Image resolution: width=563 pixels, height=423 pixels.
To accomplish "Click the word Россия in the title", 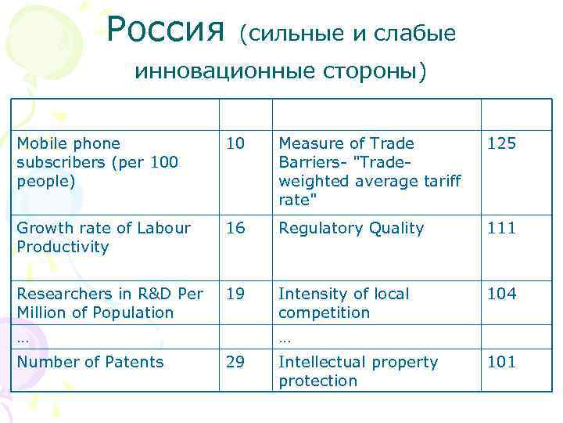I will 166,31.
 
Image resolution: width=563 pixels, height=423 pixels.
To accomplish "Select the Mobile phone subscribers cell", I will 97,162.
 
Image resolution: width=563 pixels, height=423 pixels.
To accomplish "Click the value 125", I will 502,143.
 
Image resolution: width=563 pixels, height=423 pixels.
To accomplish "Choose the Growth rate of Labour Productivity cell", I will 103,237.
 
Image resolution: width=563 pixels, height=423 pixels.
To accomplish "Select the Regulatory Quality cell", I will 351,228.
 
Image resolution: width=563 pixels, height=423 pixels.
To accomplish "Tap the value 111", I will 502,228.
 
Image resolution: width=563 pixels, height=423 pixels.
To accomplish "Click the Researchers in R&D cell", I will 109,303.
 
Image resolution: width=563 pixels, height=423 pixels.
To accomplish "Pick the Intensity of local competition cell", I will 344,303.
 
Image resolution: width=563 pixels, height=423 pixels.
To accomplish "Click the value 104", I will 502,294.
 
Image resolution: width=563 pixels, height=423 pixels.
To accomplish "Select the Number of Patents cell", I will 90,362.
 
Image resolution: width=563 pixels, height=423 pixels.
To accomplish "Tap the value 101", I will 502,362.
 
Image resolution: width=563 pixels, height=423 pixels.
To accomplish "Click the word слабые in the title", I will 414,33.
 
